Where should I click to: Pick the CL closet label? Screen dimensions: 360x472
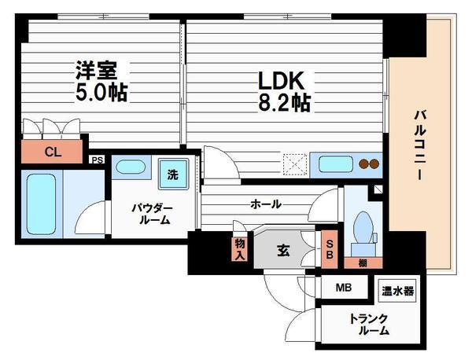tap(51, 151)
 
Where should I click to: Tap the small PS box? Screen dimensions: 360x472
tap(97, 160)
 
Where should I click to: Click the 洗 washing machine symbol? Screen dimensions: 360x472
tap(171, 174)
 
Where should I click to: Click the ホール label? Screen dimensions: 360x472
tap(266, 204)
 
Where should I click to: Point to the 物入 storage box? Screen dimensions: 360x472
tap(239, 248)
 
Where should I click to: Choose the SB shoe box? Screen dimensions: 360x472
tap(330, 248)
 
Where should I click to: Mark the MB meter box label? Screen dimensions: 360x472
tap(344, 287)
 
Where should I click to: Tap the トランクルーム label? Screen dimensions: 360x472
tap(370, 325)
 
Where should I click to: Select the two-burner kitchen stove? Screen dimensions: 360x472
tap(368, 165)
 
